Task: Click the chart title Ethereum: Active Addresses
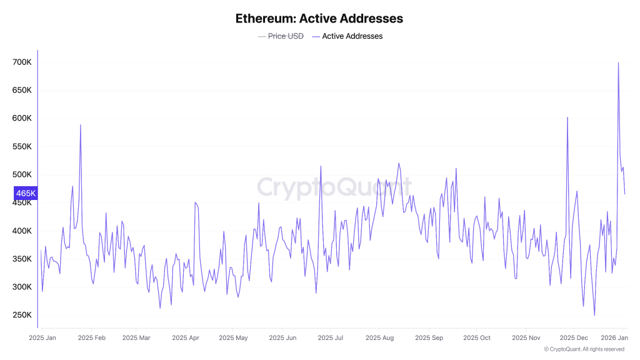(319, 18)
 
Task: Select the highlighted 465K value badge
(26, 194)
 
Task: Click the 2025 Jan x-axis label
(42, 338)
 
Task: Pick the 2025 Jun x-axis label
(282, 338)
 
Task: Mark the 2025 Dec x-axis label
(573, 338)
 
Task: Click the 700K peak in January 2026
(618, 63)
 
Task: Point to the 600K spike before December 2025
(567, 117)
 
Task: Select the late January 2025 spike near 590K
(81, 125)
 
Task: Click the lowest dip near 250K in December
(594, 315)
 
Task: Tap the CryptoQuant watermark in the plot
(334, 187)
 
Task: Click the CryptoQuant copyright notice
(584, 349)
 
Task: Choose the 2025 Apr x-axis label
(186, 338)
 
